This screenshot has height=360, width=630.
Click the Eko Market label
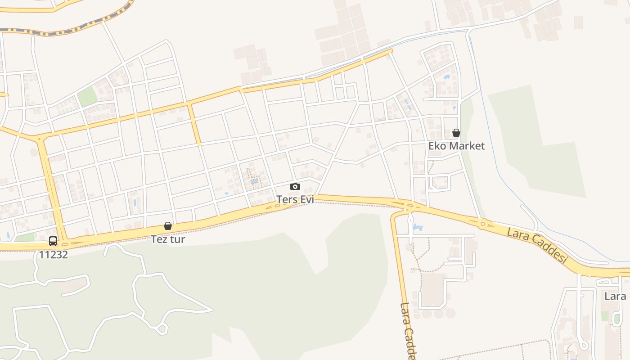tap(456, 146)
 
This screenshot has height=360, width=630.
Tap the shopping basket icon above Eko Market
tap(456, 133)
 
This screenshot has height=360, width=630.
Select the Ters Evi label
tap(295, 199)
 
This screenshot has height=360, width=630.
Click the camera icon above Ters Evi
tap(295, 186)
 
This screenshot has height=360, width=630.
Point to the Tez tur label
tap(168, 239)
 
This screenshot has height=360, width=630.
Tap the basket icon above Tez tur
tap(168, 226)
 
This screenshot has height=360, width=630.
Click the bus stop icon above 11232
tap(53, 241)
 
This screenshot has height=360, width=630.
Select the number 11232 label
tap(53, 255)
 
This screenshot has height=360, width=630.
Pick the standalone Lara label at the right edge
tap(615, 296)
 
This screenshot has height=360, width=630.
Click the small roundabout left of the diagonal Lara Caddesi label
tap(482, 223)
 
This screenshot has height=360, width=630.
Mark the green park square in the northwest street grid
tap(87, 97)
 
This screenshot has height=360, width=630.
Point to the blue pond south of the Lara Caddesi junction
tap(417, 228)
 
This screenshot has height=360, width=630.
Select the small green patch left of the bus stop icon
tap(26, 237)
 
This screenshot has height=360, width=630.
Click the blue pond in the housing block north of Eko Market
tap(446, 77)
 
